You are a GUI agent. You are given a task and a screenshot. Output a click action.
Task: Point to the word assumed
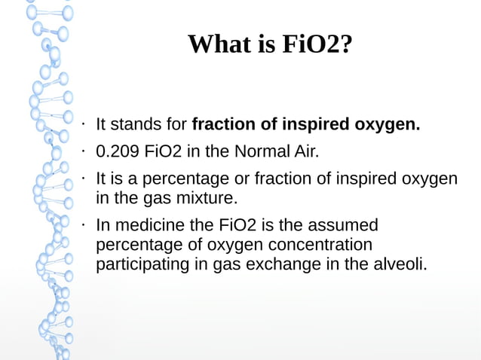point(342,225)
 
